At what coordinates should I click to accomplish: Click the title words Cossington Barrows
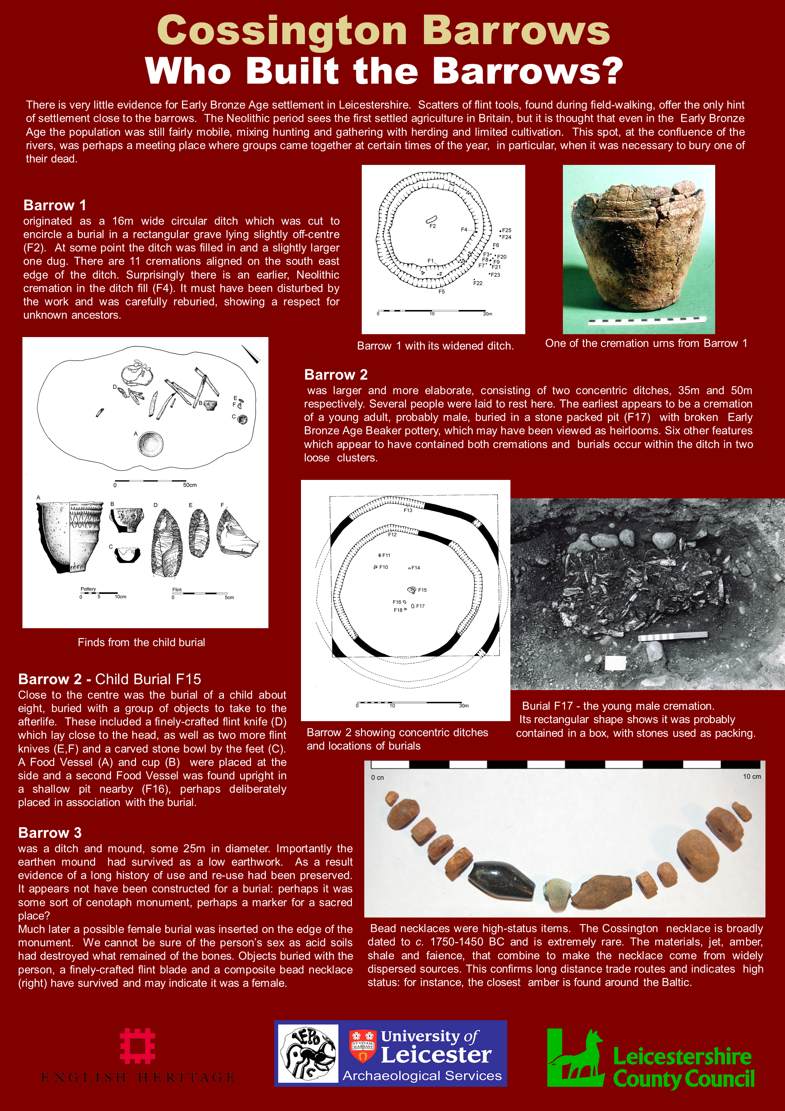(383, 30)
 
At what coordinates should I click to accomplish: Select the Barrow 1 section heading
(55, 205)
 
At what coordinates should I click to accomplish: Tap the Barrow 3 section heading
(50, 833)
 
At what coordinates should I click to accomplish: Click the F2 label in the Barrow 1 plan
(433, 226)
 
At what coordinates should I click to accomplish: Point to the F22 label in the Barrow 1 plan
(478, 283)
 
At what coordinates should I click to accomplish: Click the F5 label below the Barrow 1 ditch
(441, 292)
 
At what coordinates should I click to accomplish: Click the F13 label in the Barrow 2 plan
(408, 510)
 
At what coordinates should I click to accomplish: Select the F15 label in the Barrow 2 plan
(422, 590)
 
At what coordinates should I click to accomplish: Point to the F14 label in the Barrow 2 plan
(415, 567)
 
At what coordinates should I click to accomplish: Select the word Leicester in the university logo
(436, 1055)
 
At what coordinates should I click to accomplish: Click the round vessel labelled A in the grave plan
(150, 444)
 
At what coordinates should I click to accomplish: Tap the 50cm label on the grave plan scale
(190, 485)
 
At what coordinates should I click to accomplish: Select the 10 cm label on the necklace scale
(752, 776)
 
